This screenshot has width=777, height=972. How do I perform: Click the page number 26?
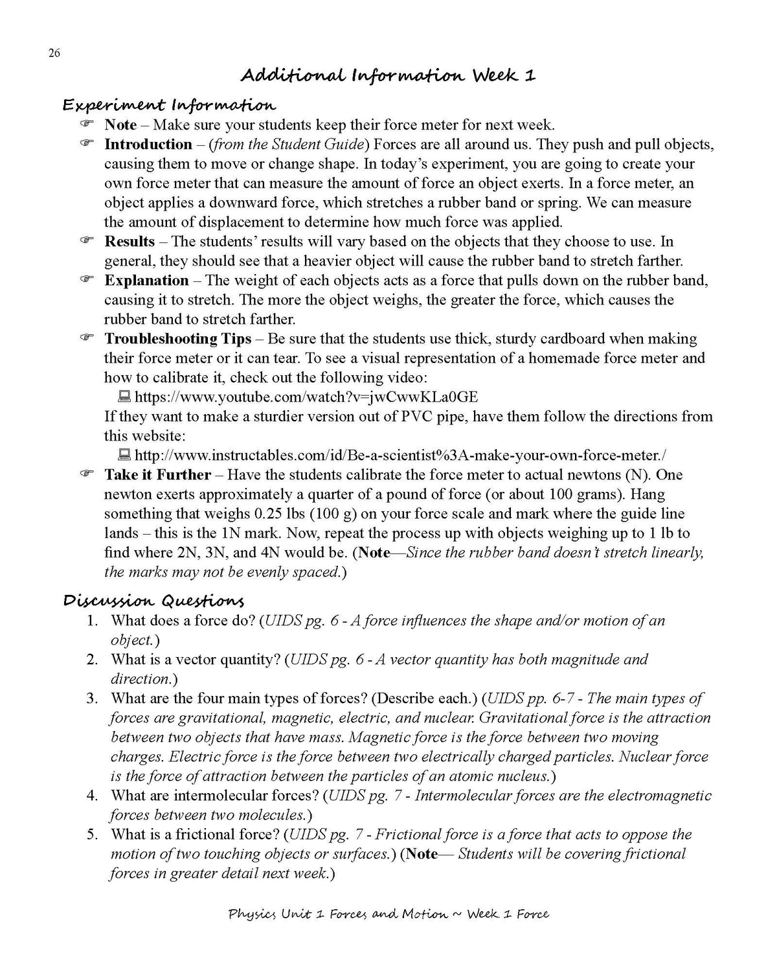click(x=54, y=54)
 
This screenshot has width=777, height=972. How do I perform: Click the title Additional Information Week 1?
click(x=388, y=76)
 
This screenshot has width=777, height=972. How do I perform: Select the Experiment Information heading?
click(x=169, y=105)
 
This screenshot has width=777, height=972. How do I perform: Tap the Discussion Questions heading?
click(x=153, y=601)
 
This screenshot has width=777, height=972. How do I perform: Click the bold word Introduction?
click(x=148, y=145)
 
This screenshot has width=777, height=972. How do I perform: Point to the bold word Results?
click(x=129, y=242)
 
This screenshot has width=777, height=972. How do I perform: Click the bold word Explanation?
click(x=146, y=281)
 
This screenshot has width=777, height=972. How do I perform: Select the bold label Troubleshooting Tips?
click(x=177, y=339)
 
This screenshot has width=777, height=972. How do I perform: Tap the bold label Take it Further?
click(x=157, y=475)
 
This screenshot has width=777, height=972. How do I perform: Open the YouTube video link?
click(x=306, y=397)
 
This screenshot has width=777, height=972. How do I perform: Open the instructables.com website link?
click(x=400, y=456)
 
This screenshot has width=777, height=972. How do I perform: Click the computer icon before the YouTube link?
click(x=125, y=397)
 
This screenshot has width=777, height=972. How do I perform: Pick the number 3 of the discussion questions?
click(x=93, y=699)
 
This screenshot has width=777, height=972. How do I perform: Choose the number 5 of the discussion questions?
click(x=93, y=835)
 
